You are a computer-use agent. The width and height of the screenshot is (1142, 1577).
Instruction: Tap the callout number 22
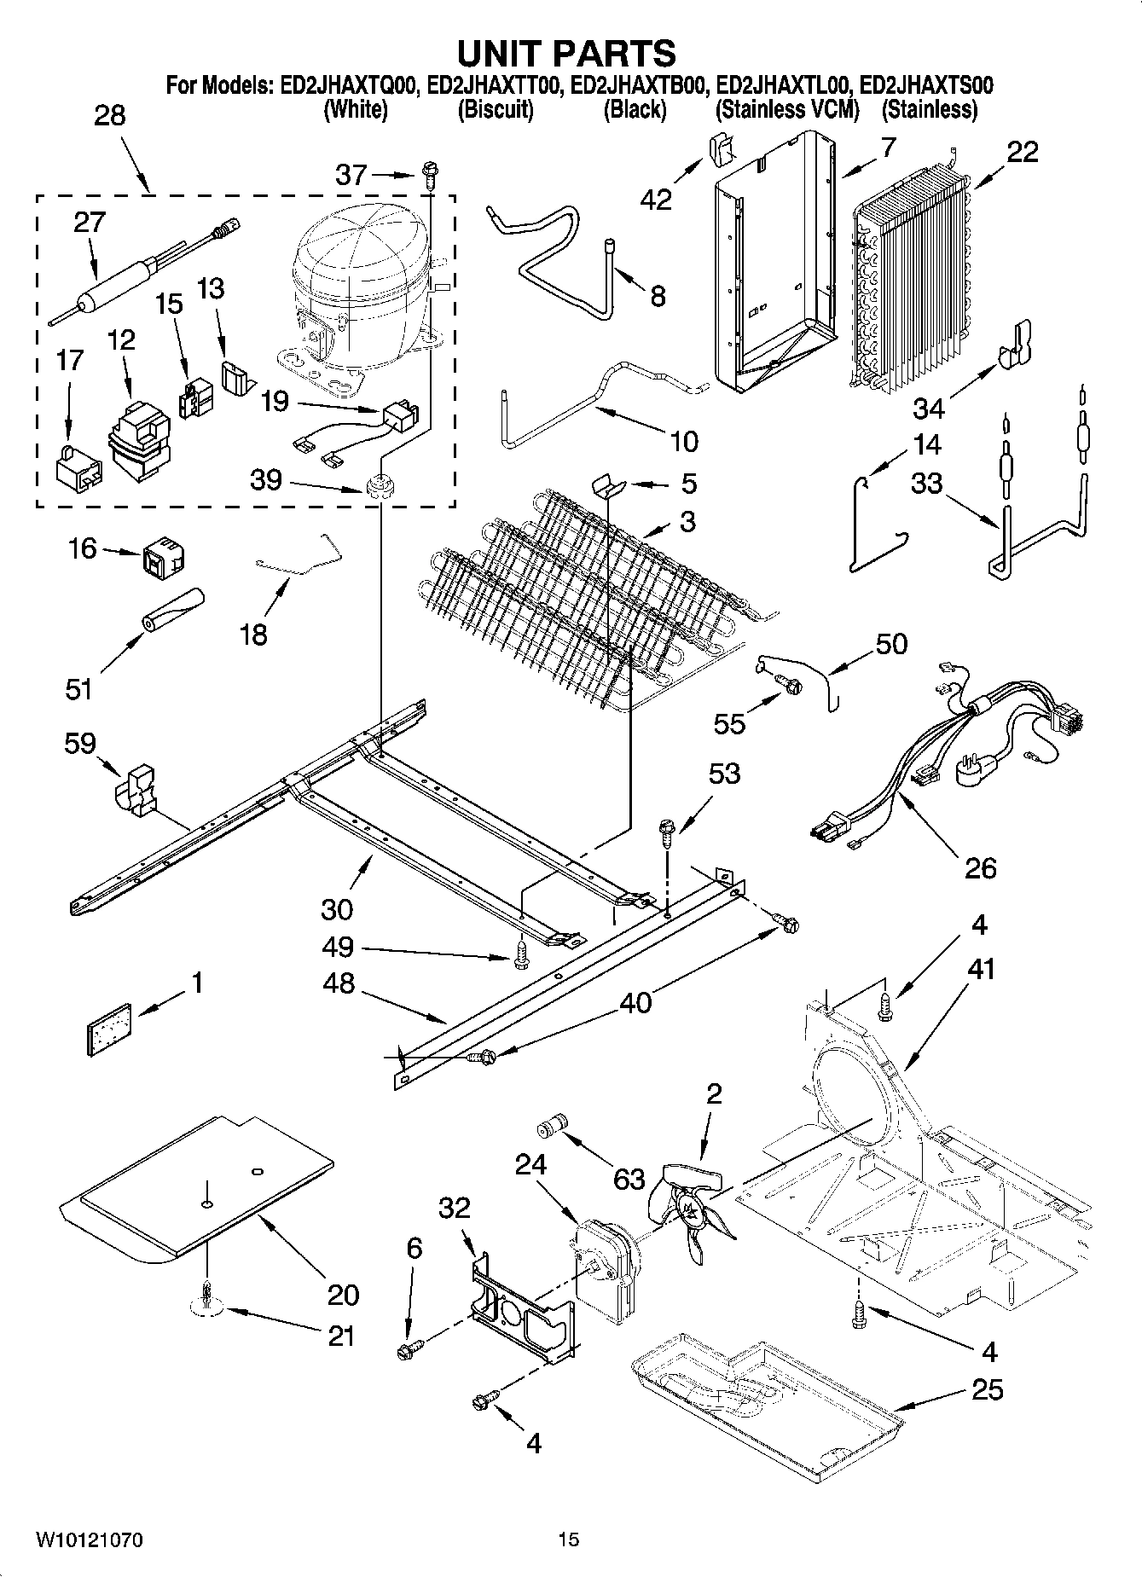click(1023, 152)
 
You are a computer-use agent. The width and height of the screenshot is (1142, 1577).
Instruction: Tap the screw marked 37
click(428, 176)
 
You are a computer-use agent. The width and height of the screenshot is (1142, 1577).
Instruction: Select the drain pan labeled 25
click(768, 1399)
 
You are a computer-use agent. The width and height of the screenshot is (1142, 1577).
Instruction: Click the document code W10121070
click(89, 1539)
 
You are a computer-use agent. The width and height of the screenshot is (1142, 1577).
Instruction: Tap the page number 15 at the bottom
click(568, 1539)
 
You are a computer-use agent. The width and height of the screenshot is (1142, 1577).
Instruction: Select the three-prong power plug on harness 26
click(971, 771)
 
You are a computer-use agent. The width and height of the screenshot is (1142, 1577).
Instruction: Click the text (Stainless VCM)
click(787, 109)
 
